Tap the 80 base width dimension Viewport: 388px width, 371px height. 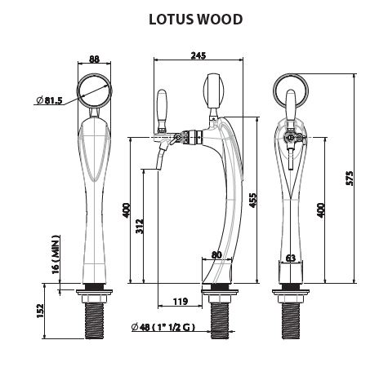point(216,254)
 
